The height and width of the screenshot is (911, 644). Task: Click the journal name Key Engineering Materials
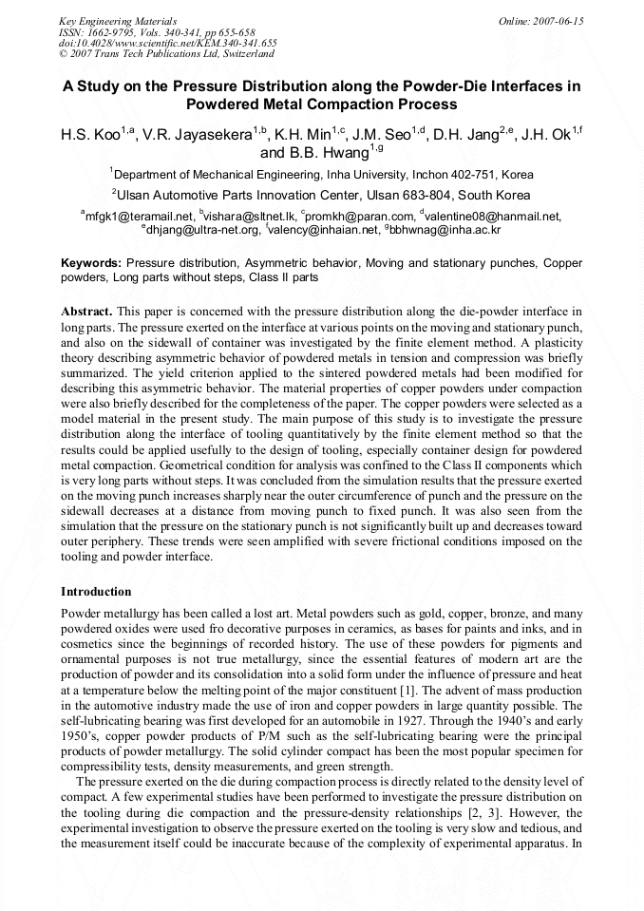[119, 20]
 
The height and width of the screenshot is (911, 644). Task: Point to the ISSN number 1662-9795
[110, 31]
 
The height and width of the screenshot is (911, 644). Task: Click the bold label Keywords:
[91, 262]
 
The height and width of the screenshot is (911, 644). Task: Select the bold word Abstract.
[87, 312]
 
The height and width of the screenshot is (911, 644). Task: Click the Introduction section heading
[96, 591]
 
